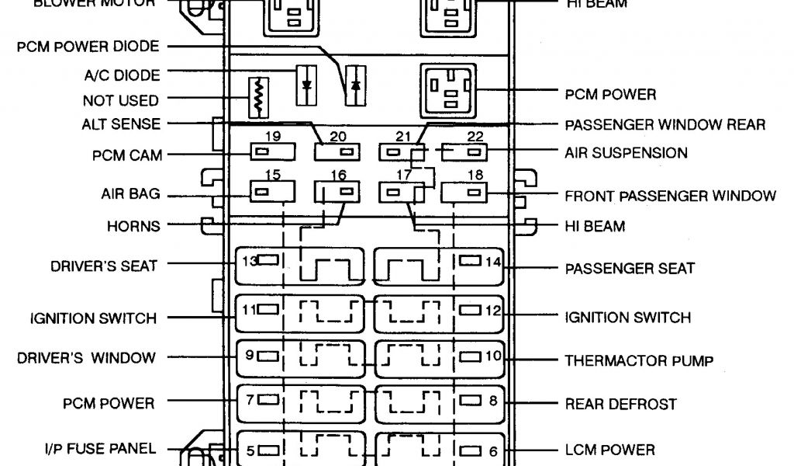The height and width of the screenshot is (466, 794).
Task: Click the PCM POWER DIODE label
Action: tap(88, 47)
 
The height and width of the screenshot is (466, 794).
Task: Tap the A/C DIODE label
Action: tap(122, 75)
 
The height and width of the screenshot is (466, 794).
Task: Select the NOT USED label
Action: tap(120, 100)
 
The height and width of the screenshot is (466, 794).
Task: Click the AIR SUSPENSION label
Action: tap(626, 153)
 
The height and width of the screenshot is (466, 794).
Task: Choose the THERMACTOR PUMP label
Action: tap(639, 360)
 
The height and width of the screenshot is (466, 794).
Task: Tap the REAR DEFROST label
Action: tap(620, 404)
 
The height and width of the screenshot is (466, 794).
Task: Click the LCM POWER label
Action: tap(610, 449)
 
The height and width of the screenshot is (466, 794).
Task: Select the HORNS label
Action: tap(134, 227)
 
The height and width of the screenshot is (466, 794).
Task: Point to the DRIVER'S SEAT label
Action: tap(104, 266)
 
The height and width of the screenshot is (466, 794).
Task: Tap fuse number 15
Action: tap(271, 190)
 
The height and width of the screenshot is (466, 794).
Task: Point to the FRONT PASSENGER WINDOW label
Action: tap(670, 195)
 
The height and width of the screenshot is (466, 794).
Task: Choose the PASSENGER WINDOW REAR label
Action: tap(665, 124)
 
